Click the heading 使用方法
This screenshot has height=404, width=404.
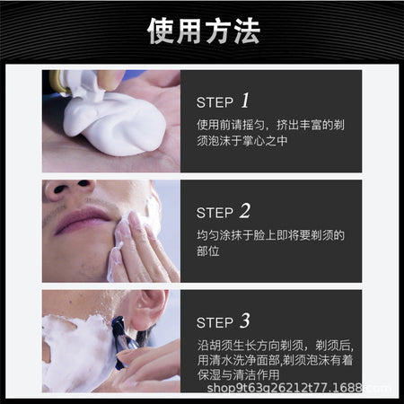(x=204, y=31)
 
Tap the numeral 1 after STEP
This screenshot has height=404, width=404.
(x=245, y=101)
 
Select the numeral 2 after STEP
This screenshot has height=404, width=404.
(x=245, y=211)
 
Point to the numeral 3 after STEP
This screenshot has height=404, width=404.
(x=245, y=321)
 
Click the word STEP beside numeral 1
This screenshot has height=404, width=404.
(x=215, y=102)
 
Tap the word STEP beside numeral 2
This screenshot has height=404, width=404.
(x=215, y=213)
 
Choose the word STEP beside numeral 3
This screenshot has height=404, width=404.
(x=215, y=323)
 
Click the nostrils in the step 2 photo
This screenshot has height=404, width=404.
(x=72, y=186)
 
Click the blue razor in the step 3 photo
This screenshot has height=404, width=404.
(x=123, y=341)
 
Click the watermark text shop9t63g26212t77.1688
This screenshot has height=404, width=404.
(x=285, y=388)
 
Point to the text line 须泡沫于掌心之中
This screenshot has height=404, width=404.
(x=242, y=141)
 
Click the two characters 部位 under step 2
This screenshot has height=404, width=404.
(x=208, y=251)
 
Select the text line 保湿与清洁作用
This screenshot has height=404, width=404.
(x=238, y=374)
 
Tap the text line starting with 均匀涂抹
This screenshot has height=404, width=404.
(x=270, y=235)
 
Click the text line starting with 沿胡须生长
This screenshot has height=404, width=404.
(x=276, y=346)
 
